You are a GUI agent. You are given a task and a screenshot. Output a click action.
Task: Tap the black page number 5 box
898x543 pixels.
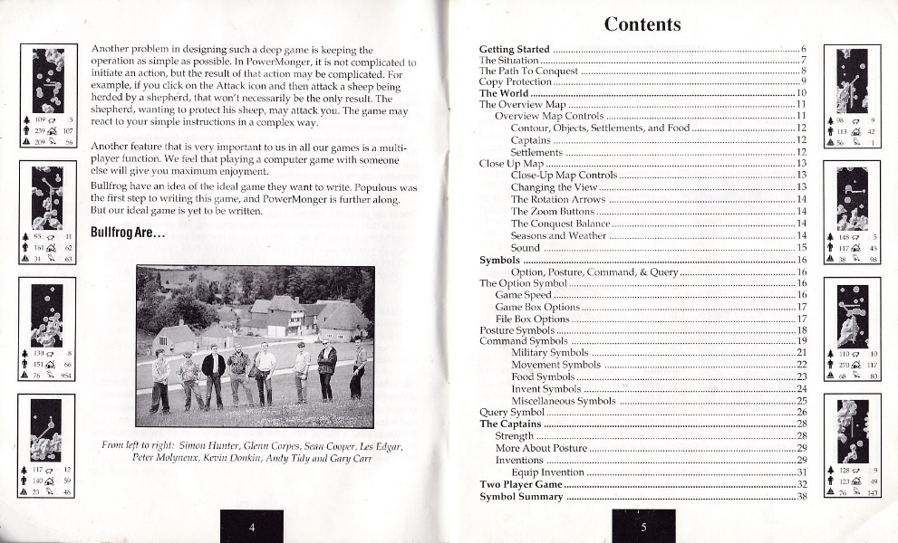643,527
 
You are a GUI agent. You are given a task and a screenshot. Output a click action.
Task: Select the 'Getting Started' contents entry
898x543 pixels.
514,48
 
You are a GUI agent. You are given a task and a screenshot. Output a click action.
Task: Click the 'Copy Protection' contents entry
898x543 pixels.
515,81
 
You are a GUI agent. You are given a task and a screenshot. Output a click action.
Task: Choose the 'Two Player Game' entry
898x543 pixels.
521,485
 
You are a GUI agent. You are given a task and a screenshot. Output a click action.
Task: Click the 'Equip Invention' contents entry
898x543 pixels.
547,472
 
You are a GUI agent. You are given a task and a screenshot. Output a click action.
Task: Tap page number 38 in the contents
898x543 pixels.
801,497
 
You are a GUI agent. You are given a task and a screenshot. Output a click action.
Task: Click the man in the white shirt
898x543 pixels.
264,371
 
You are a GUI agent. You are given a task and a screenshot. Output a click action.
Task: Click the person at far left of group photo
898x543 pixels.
160,380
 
